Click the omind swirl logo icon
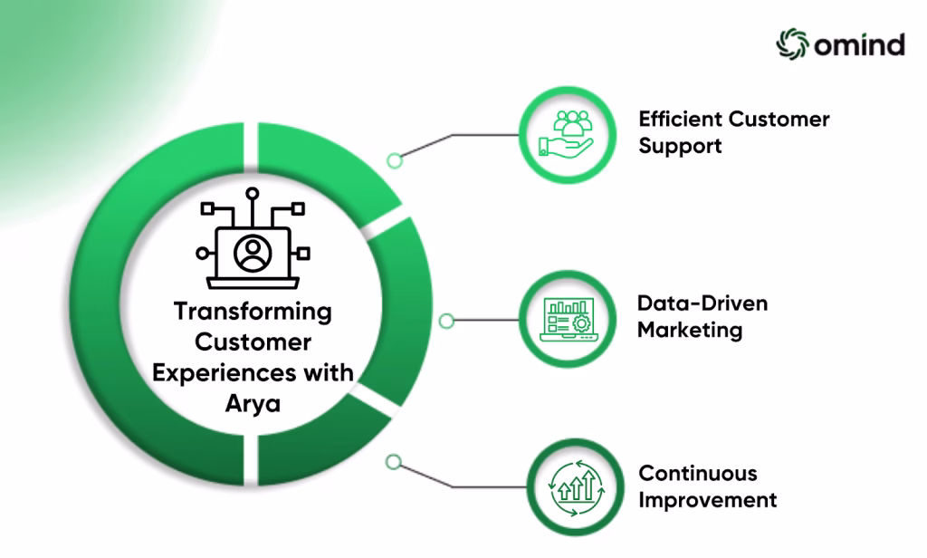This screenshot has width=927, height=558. (x=792, y=43)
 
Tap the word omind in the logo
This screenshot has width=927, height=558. (x=860, y=45)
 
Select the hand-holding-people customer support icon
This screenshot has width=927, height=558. (x=567, y=134)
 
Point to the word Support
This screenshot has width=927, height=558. (x=680, y=146)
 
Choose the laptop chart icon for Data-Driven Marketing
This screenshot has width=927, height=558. (x=569, y=320)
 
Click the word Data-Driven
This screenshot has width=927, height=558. (x=702, y=303)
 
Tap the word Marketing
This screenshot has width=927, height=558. (x=689, y=331)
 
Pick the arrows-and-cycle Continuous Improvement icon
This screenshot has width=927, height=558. (x=577, y=487)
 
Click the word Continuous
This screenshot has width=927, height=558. (x=698, y=474)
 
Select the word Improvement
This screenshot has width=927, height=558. (x=707, y=501)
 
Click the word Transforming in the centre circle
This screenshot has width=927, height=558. (x=253, y=312)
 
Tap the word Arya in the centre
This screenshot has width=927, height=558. (x=253, y=404)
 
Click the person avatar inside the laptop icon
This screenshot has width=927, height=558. (x=253, y=254)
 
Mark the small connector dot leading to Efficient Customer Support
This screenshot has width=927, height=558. (x=395, y=159)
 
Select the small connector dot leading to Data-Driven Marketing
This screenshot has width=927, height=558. (x=446, y=321)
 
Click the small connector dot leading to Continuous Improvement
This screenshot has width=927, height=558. (x=393, y=462)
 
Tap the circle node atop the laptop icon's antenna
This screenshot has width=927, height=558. (x=253, y=194)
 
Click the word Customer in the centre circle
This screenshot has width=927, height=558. (x=253, y=342)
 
